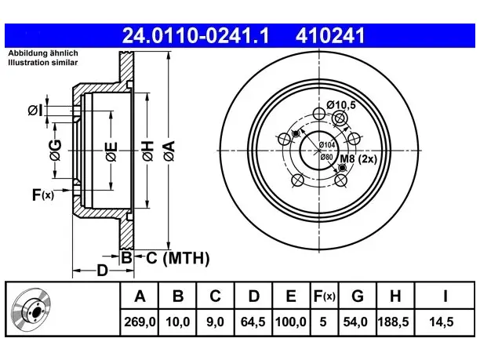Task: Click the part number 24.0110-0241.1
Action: pyautogui.click(x=195, y=36)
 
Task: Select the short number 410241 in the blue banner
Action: pyautogui.click(x=330, y=36)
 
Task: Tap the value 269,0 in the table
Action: pyautogui.click(x=140, y=322)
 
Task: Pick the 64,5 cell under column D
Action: pyautogui.click(x=253, y=322)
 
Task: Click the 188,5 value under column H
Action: pyautogui.click(x=394, y=322)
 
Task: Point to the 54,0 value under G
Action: pyautogui.click(x=355, y=322)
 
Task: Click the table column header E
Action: pyautogui.click(x=290, y=296)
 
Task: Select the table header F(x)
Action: pyautogui.click(x=325, y=296)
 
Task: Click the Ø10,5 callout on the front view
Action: pyautogui.click(x=341, y=105)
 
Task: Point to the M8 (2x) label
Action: pyautogui.click(x=358, y=159)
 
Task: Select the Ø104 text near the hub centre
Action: pyautogui.click(x=327, y=145)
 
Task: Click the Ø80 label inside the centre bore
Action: pyautogui.click(x=326, y=157)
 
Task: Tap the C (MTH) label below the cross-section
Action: pyautogui.click(x=178, y=258)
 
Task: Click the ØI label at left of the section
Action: pyautogui.click(x=35, y=111)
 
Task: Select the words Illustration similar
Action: pyautogui.click(x=43, y=63)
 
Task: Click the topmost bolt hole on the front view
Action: pyautogui.click(x=319, y=114)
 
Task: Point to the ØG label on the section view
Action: pyautogui.click(x=56, y=151)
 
